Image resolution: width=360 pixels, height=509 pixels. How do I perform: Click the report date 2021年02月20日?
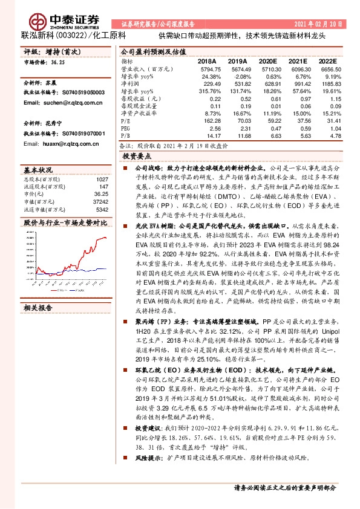pyautogui.click(x=318, y=24)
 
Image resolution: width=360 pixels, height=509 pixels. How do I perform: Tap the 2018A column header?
pyautogui.click(x=206, y=62)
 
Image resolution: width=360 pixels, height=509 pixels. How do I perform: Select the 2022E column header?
pyautogui.click(x=327, y=62)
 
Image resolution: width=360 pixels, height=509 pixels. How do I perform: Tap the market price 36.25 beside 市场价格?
pyautogui.click(x=58, y=62)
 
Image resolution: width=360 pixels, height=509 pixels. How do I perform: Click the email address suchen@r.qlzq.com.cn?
pyautogui.click(x=63, y=103)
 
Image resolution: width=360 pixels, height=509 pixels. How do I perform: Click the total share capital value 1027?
pyautogui.click(x=102, y=179)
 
